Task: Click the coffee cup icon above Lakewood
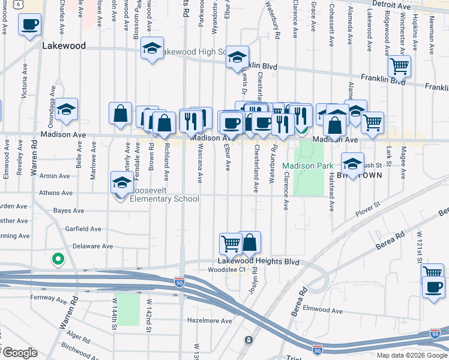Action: click(x=30, y=26)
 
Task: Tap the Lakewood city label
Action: click(x=64, y=46)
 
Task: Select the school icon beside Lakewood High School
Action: click(x=152, y=49)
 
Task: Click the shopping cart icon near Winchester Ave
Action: click(x=399, y=67)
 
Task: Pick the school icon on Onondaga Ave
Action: click(x=67, y=110)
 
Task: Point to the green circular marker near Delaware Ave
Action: click(x=58, y=259)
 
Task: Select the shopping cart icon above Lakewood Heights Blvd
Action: click(x=230, y=243)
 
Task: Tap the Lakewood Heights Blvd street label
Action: click(x=258, y=262)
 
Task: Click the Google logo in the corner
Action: click(x=19, y=353)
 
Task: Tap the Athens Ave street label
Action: click(x=55, y=193)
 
